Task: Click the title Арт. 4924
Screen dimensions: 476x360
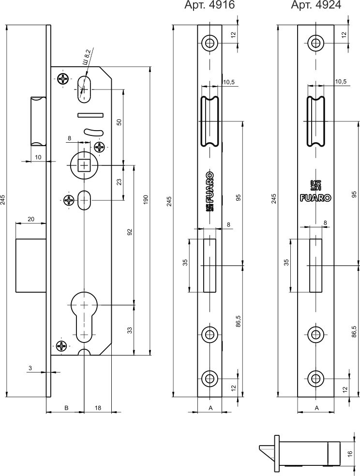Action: [316, 5]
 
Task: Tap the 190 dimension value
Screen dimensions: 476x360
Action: [145, 200]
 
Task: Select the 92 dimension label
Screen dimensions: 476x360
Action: [129, 233]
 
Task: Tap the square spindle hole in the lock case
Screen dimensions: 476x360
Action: [85, 165]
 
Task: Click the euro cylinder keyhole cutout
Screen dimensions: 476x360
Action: [85, 314]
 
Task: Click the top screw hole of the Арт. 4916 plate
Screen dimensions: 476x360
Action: [210, 43]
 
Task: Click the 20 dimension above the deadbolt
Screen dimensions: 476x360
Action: [30, 219]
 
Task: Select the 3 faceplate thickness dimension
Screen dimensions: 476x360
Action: [30, 369]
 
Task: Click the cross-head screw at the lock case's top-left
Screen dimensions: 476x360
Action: [62, 78]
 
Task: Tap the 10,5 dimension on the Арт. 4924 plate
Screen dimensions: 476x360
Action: [341, 82]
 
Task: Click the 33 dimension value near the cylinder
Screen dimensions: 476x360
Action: [129, 330]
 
